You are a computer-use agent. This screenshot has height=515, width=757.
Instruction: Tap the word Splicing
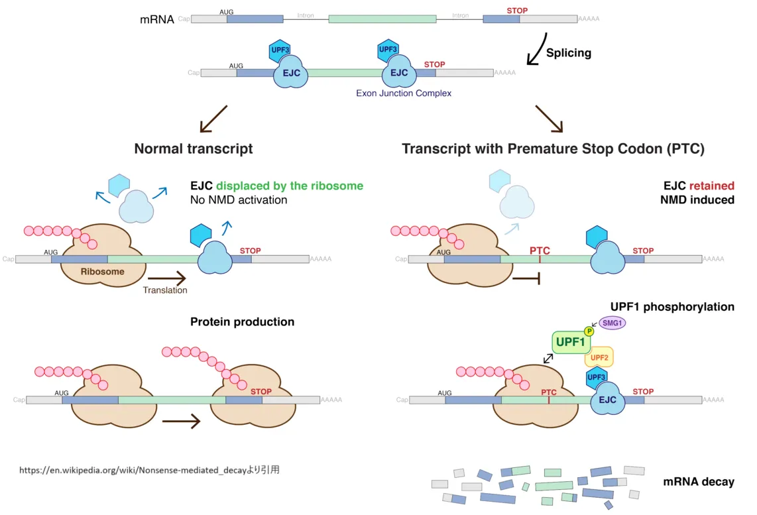coord(568,53)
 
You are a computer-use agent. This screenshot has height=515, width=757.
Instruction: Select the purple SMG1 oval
coord(612,323)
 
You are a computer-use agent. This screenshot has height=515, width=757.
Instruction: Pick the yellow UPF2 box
coord(599,358)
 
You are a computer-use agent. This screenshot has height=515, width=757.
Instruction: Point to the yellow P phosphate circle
coord(588,331)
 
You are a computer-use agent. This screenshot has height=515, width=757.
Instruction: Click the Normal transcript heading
coord(193,148)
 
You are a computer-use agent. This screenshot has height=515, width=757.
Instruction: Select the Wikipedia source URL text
coord(149,470)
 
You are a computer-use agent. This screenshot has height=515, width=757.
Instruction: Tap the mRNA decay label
coord(698,482)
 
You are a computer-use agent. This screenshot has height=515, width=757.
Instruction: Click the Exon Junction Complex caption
coord(404,93)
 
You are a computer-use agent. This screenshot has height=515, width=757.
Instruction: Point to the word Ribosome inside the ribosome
coord(102,272)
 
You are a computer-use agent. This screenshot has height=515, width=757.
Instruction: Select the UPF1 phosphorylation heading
coord(672,307)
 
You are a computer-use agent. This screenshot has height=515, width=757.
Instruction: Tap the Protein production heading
coord(242,322)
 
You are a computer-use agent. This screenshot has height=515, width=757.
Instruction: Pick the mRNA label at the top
coord(157,20)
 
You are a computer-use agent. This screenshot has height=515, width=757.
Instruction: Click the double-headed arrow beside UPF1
coord(549,358)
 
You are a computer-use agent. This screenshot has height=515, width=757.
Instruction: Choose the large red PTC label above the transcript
coord(540,251)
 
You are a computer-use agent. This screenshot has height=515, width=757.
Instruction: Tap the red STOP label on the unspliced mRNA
coord(517,11)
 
